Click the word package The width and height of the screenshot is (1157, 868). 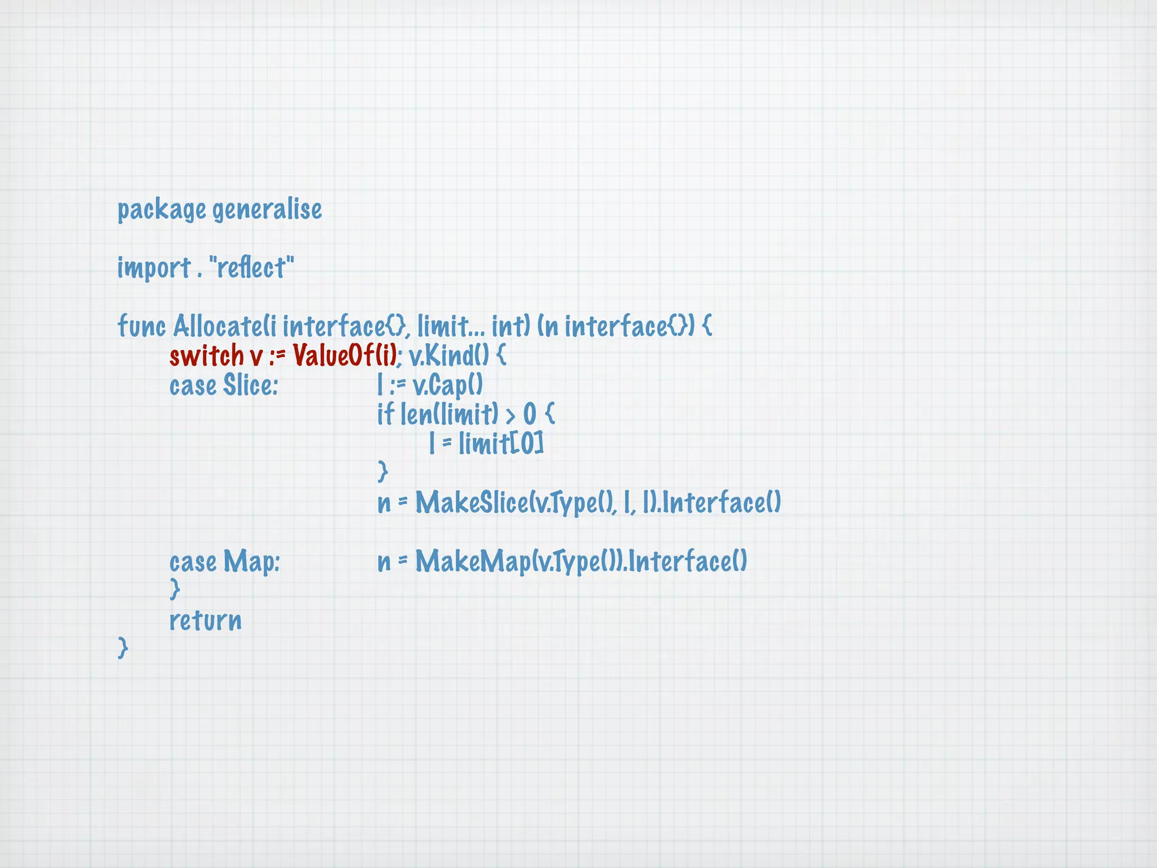161,210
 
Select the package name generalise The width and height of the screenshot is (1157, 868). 267,210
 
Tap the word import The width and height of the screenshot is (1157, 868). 154,268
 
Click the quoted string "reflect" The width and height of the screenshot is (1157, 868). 251,268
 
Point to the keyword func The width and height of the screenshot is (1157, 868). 141,326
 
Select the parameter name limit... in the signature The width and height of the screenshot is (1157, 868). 450,326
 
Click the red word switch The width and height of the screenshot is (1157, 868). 206,356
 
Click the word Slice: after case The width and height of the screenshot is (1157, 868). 250,385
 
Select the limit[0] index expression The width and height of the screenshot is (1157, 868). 501,443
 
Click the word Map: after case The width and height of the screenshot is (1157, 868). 251,562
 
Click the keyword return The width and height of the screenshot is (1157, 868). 206,620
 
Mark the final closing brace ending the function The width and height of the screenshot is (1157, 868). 123,648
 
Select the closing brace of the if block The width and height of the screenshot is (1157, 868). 383,471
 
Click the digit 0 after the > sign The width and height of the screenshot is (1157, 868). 529,415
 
